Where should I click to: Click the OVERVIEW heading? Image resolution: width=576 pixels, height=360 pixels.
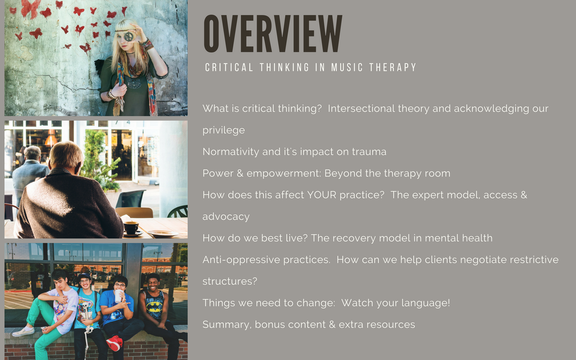coord(273,33)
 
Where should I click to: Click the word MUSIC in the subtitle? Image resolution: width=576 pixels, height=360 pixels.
coord(347,67)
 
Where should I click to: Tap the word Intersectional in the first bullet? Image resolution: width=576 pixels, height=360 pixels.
coord(361,108)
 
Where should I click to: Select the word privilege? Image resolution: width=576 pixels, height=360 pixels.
coord(224,130)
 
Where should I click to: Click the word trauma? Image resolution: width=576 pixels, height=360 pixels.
coord(369,152)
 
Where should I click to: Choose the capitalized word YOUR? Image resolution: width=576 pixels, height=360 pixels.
coord(322,195)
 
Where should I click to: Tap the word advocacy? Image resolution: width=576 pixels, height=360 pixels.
coord(226,217)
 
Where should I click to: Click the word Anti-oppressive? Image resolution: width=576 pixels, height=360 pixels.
coord(266,260)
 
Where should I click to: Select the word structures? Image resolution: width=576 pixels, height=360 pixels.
coord(229,281)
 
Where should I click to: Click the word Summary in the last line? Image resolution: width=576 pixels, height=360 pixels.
coord(227,325)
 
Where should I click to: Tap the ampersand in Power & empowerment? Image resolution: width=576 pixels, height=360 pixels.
coord(240,173)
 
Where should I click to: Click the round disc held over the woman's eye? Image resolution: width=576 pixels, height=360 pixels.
coord(129,36)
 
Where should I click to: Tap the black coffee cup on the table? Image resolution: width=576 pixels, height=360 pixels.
coord(131,228)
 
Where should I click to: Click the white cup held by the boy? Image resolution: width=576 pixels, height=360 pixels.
coord(118,296)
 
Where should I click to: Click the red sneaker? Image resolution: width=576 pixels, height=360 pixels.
coord(114,343)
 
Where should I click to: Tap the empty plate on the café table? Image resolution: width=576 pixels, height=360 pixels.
coord(163,234)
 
